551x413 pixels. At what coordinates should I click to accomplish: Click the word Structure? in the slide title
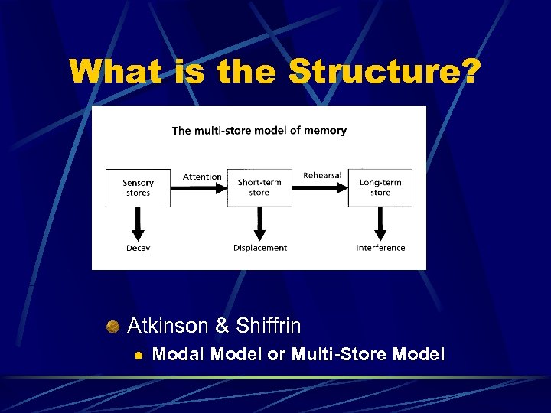click(x=385, y=73)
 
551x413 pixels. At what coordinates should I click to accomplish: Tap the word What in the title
click(x=114, y=73)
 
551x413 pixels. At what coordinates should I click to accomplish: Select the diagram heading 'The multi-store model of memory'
click(x=259, y=131)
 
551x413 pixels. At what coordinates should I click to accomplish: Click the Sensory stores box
click(x=138, y=187)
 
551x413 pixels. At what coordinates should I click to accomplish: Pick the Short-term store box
click(x=259, y=187)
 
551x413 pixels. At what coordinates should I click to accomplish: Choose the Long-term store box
click(x=380, y=187)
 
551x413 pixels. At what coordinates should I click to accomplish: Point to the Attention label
click(x=202, y=177)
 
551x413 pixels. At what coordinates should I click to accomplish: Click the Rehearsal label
click(x=322, y=175)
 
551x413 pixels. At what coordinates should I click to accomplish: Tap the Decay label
click(x=139, y=248)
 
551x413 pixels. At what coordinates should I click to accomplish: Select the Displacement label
click(x=260, y=248)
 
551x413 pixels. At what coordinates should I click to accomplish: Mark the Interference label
click(x=380, y=248)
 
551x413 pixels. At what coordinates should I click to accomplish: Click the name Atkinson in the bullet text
click(x=168, y=326)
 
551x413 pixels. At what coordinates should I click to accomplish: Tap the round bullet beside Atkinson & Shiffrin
click(x=113, y=327)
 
